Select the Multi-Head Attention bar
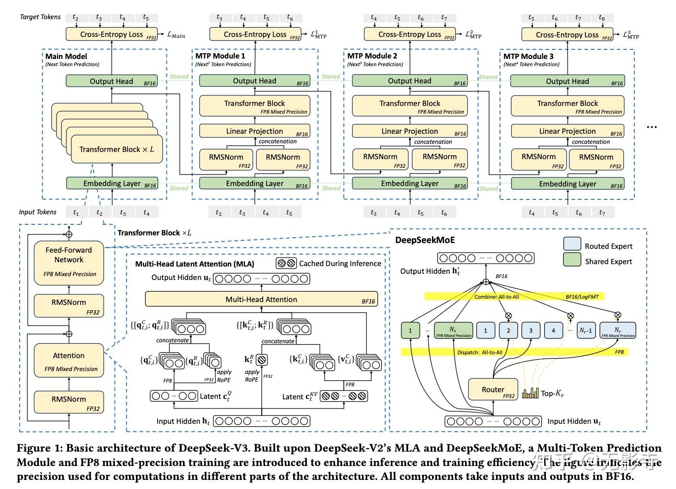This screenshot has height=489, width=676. tap(261, 300)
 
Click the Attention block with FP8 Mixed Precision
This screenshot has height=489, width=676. tap(69, 361)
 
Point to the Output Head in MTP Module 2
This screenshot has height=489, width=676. tap(409, 81)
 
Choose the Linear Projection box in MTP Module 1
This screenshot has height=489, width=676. tap(255, 131)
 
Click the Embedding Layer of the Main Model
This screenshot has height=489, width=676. tap(112, 183)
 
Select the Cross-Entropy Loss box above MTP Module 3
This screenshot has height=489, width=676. tap(567, 35)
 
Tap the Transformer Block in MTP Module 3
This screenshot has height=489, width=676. tap(567, 106)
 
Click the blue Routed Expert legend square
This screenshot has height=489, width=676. tap(572, 244)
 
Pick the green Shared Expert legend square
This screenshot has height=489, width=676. tap(572, 260)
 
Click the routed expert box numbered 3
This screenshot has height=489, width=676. tap(531, 330)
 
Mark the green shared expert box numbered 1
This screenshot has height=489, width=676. tap(410, 330)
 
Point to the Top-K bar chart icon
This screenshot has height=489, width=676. tap(530, 393)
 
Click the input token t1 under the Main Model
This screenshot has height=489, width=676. tap(76, 212)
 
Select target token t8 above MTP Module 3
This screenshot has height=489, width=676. tap(602, 18)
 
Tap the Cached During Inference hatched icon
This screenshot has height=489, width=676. tap(286, 263)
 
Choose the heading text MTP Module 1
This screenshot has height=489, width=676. tap(220, 56)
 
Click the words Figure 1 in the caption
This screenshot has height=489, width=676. tap(37, 448)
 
